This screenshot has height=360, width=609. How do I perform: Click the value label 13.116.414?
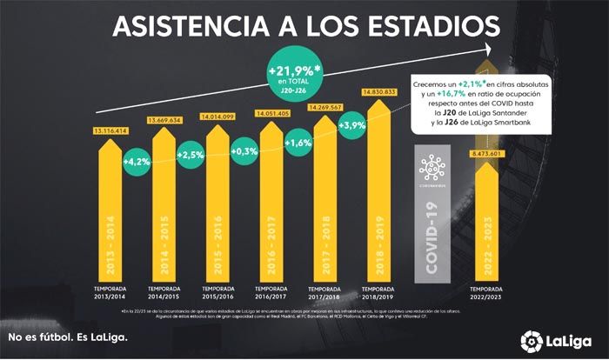116,131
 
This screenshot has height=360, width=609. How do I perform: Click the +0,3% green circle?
245,154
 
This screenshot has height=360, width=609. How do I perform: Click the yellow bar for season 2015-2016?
221,209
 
